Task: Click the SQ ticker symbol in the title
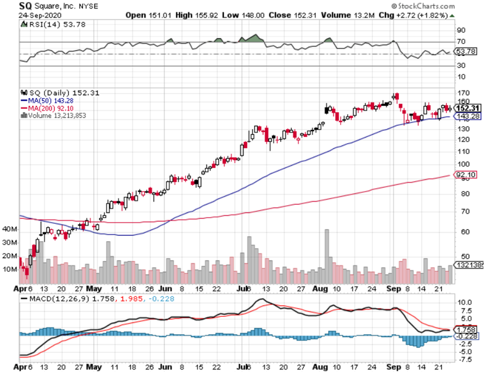pyautogui.click(x=26, y=6)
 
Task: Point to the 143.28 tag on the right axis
pyautogui.click(x=467, y=116)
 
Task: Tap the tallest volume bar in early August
pyautogui.click(x=326, y=256)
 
